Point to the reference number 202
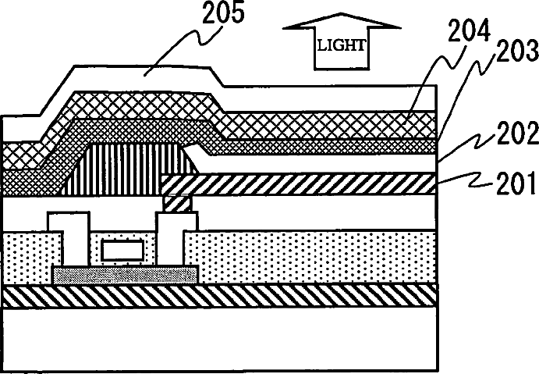click(510, 134)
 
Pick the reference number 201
click(510, 185)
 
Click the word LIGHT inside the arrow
click(340, 45)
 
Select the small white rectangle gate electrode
click(122, 251)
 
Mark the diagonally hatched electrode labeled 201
click(312, 183)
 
